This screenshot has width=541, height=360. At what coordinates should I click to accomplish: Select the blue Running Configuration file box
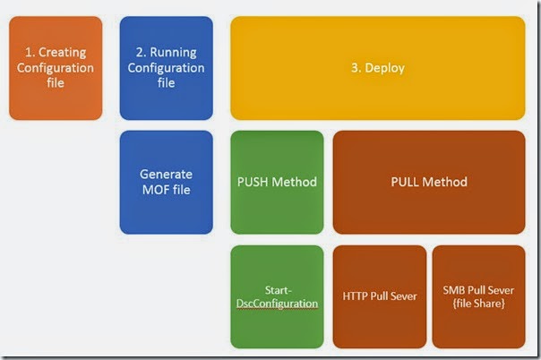167,68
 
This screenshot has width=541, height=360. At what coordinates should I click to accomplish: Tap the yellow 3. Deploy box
377,68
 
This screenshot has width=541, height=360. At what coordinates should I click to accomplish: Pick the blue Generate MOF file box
167,182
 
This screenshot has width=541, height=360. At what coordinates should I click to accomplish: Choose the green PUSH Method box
277,182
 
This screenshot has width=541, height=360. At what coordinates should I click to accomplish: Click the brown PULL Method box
429,182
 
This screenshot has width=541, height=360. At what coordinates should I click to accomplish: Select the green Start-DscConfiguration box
277,296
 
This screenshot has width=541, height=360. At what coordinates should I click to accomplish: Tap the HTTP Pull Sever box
379,296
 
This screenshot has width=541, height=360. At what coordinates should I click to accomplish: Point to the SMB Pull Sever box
478,296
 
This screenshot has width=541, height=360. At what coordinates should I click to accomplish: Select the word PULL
407,182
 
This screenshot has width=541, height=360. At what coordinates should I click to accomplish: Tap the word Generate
167,175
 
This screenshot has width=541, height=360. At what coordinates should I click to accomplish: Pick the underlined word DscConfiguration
277,304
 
